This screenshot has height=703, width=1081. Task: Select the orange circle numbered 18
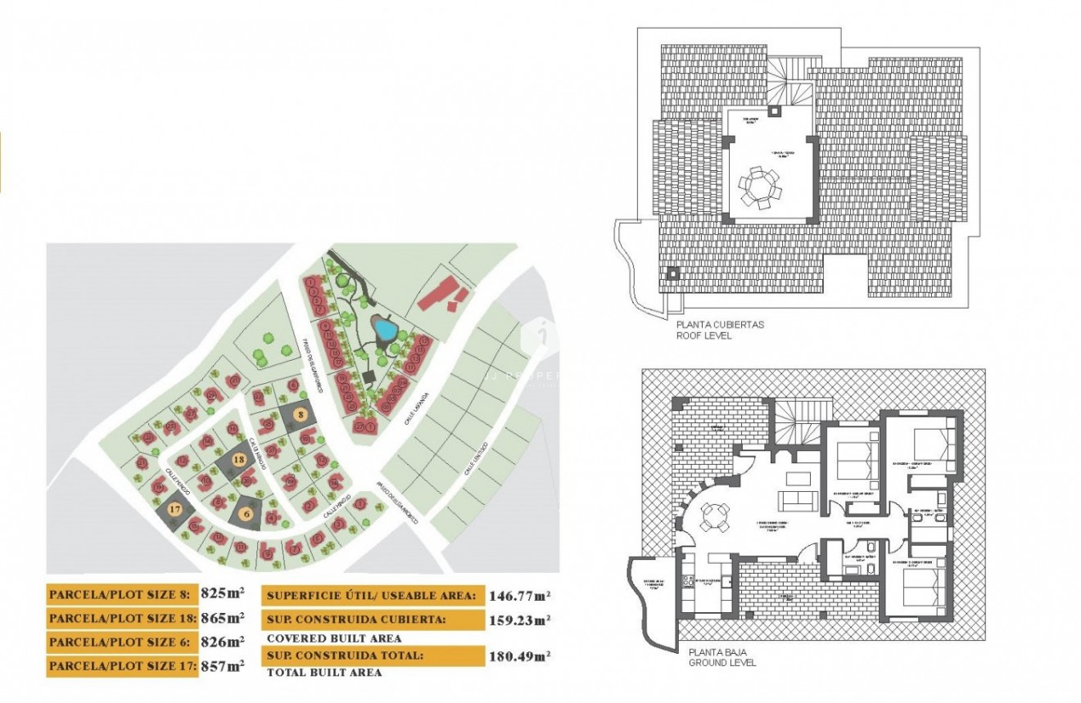238,460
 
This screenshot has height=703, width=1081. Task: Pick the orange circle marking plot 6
247,514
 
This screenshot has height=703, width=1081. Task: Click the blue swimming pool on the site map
383,329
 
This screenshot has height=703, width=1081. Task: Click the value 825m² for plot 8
222,594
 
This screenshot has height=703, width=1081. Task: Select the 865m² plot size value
222,618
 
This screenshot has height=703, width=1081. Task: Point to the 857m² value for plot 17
222,666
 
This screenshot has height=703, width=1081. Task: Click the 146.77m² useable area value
519,595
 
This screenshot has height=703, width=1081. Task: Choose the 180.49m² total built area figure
519,656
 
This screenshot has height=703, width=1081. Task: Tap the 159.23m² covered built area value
519,620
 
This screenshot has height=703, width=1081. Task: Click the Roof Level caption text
703,336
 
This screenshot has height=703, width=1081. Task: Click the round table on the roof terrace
762,189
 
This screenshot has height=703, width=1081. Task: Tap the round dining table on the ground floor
714,515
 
